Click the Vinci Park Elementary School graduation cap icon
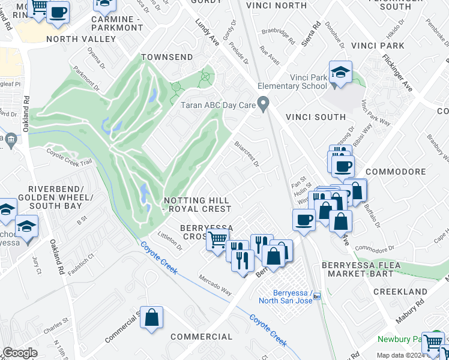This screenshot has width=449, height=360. (340, 73)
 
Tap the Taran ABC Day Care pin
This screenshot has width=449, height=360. (263, 104)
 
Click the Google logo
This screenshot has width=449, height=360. (20, 353)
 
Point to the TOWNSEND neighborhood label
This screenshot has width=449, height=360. (167, 57)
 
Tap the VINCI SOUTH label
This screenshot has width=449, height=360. (315, 117)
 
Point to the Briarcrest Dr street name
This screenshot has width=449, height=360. (246, 154)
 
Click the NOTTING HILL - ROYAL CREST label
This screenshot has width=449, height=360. (197, 204)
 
